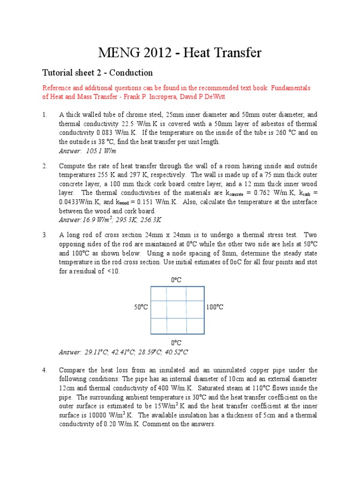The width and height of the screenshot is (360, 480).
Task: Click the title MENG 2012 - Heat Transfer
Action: (x=180, y=53)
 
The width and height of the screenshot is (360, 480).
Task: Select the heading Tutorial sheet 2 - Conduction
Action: (x=97, y=73)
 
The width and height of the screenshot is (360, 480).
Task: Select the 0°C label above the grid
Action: (x=176, y=280)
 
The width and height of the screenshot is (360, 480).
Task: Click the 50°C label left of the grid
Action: (x=141, y=307)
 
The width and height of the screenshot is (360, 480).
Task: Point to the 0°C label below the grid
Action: (x=176, y=343)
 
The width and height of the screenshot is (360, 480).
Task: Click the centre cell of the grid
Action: (x=177, y=309)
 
